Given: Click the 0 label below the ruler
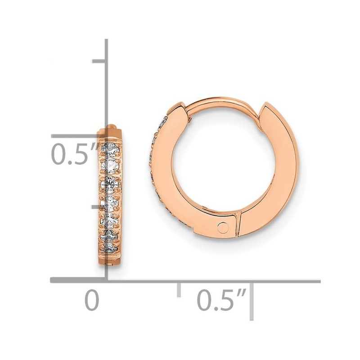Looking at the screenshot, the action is [92, 300].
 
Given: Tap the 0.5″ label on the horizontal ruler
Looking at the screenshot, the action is [222, 300].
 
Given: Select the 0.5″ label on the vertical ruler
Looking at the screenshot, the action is [75, 154].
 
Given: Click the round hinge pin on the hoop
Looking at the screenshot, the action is [223, 228].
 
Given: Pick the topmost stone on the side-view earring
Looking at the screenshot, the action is [110, 148].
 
